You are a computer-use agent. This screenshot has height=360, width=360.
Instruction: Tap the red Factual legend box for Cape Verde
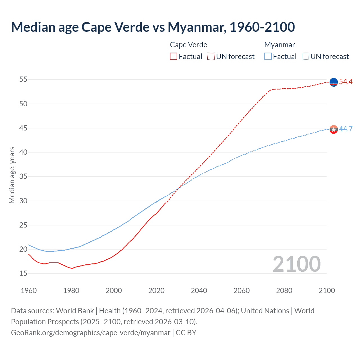click(174, 57)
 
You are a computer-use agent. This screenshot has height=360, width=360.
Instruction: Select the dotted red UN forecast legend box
click(211, 57)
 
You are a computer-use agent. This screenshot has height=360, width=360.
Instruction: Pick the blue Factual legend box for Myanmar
click(268, 57)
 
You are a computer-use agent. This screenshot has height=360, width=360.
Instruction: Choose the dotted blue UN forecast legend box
click(305, 57)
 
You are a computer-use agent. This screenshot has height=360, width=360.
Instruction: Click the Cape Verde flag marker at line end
click(334, 82)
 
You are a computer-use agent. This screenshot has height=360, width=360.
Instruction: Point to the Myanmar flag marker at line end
click(334, 129)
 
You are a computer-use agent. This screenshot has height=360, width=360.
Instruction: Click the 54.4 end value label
click(346, 82)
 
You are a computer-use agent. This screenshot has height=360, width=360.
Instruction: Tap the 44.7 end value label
click(346, 129)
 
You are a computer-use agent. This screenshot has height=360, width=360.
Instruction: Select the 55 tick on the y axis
click(23, 80)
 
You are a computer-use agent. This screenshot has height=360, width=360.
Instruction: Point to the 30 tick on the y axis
click(23, 201)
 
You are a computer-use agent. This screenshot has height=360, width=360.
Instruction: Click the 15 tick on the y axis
click(23, 273)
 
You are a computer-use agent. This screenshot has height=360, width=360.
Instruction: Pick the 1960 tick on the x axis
click(29, 291)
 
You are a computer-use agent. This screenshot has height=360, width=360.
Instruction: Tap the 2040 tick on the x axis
click(199, 291)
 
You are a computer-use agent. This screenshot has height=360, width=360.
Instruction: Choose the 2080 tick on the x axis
click(284, 291)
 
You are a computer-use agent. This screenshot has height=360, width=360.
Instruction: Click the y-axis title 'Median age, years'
click(12, 175)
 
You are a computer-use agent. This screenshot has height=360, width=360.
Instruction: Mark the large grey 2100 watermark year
click(296, 264)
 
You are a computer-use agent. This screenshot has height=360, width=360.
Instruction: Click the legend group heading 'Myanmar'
click(280, 45)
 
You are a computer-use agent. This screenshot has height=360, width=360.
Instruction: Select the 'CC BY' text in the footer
click(186, 333)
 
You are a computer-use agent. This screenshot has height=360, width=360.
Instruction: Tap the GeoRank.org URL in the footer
click(91, 333)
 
